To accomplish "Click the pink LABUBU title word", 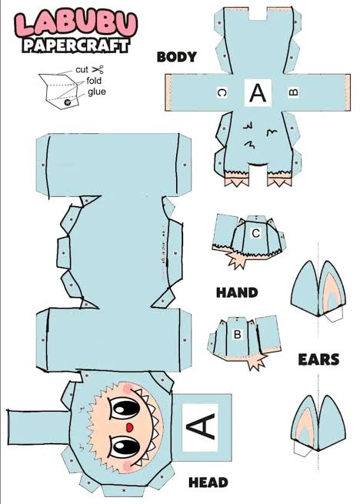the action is (76, 25).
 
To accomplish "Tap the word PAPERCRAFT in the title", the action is (76, 45).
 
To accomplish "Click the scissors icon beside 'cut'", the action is (98, 69).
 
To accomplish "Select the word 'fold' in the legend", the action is (94, 80).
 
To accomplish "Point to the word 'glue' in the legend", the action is (97, 92).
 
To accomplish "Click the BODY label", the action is (176, 57).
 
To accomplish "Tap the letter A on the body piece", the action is (258, 92).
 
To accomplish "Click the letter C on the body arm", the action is (222, 92).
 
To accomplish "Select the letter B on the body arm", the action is (294, 92).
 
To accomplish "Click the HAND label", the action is (237, 292).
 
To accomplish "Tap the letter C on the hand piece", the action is (256, 233).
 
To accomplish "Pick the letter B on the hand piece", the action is (237, 335).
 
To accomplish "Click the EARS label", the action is (318, 359).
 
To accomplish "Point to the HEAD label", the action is (208, 482).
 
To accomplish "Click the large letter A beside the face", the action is (201, 427).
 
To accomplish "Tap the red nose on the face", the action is (129, 428).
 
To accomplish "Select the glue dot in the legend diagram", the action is (68, 102).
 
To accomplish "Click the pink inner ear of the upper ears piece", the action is (332, 291).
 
